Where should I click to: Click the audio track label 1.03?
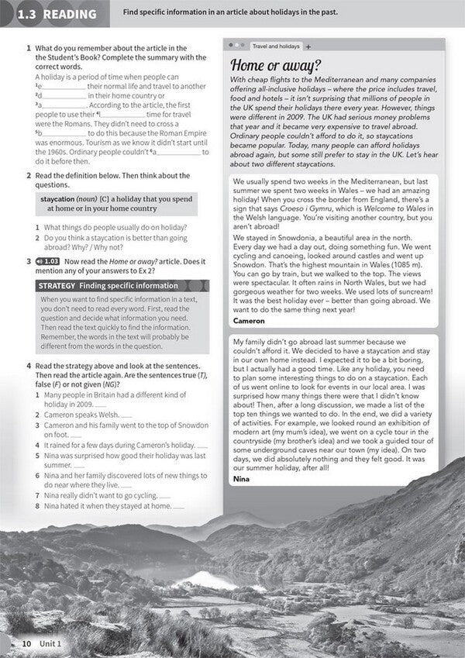[49, 261]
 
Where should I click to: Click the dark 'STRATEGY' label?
[57, 286]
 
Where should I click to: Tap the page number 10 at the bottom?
[26, 643]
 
